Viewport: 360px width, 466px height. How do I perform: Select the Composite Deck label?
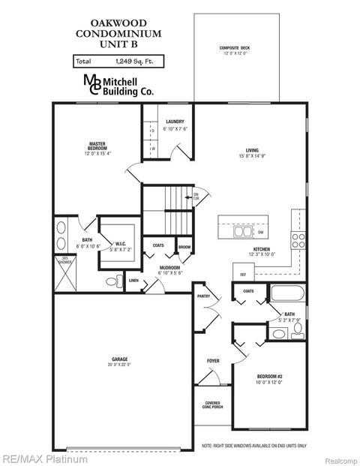tap(235, 50)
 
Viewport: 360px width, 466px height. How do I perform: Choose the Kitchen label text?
tap(261, 250)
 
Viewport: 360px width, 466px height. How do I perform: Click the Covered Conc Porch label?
tap(213, 405)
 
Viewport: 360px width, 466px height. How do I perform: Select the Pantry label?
tap(203, 296)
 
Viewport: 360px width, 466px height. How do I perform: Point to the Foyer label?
tap(213, 361)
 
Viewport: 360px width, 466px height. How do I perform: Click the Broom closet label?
tap(184, 245)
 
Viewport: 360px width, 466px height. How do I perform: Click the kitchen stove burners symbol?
tap(298, 240)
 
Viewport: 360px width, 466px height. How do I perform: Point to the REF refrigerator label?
tap(244, 275)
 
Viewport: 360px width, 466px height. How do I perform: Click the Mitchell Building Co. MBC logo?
tap(93, 85)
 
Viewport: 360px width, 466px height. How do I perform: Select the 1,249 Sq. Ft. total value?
tap(132, 61)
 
